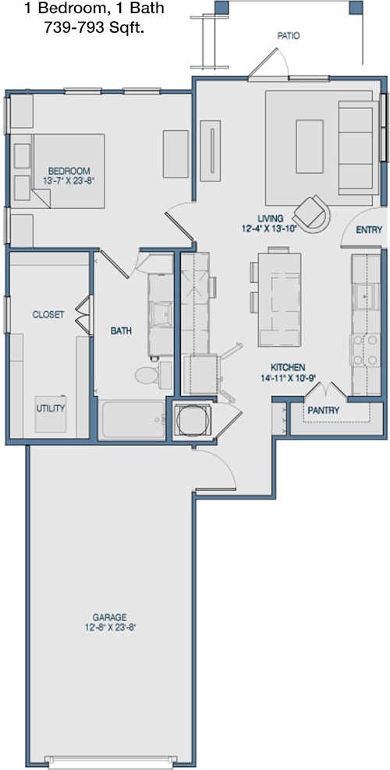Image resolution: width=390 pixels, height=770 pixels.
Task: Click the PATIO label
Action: pyautogui.click(x=289, y=36)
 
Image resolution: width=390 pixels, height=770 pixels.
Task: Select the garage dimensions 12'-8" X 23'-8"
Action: pyautogui.click(x=109, y=627)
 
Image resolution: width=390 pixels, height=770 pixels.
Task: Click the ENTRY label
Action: pyautogui.click(x=369, y=229)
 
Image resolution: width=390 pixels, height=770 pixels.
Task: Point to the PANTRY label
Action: pyautogui.click(x=323, y=411)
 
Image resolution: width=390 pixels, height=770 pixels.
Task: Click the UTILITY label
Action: pyautogui.click(x=50, y=408)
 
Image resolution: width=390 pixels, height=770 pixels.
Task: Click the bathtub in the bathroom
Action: pyautogui.click(x=133, y=419)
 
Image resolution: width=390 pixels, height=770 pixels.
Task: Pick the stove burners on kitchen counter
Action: pyautogui.click(x=364, y=350)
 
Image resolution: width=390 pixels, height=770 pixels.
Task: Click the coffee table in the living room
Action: pyautogui.click(x=310, y=147)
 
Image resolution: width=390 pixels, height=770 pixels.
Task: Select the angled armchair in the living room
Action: pyautogui.click(x=312, y=214)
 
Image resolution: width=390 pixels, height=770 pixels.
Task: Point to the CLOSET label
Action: pyautogui.click(x=48, y=315)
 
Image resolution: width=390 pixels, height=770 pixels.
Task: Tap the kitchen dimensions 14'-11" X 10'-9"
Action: pyautogui.click(x=289, y=377)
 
